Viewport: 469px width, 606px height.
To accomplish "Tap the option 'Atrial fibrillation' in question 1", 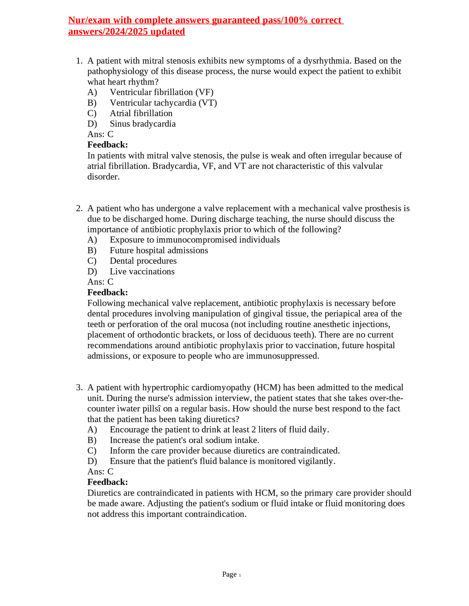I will point(141,114).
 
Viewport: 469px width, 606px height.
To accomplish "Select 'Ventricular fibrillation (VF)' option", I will point(162,92).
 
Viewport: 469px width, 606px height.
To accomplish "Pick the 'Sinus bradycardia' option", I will point(143,124).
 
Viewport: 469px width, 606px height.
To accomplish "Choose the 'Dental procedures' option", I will point(143,261).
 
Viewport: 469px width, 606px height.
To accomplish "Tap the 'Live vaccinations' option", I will point(142,272).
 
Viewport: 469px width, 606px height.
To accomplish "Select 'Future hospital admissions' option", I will point(159,250).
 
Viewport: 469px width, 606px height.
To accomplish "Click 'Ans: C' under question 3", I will point(100,472).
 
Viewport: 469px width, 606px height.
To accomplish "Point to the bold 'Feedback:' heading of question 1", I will point(107,145).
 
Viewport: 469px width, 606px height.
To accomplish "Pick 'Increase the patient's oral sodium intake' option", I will point(184,440).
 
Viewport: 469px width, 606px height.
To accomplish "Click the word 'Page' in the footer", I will point(229,575).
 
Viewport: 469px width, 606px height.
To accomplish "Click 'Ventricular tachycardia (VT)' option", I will point(163,103).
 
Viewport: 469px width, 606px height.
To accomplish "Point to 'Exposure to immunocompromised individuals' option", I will point(195,240).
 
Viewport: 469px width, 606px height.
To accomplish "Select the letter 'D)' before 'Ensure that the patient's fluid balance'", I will point(92,461).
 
